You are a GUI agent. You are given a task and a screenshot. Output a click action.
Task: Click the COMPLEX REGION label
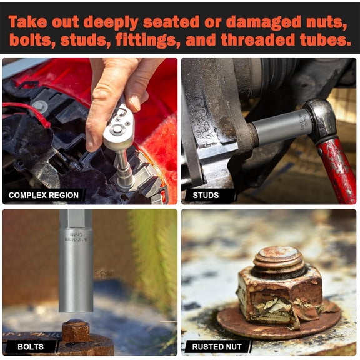44,195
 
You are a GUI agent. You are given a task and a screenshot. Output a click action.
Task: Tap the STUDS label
206,195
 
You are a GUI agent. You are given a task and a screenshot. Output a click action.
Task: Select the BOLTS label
31,346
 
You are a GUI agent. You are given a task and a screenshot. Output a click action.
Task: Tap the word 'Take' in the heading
29,22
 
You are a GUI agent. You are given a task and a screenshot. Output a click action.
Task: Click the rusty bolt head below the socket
76,331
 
